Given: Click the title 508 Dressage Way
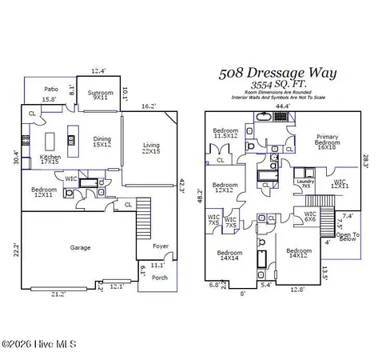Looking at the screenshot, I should [278, 73].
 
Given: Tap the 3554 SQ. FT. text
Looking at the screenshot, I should [279, 85].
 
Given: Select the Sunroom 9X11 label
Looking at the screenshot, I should [101, 94].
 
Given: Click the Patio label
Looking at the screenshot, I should [50, 90].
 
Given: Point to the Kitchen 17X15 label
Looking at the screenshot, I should [50, 161].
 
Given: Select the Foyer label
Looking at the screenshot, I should [161, 246].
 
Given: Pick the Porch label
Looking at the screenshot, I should [159, 278].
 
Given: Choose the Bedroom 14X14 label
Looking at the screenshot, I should [229, 257].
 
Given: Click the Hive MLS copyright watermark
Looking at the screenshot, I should [38, 345].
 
